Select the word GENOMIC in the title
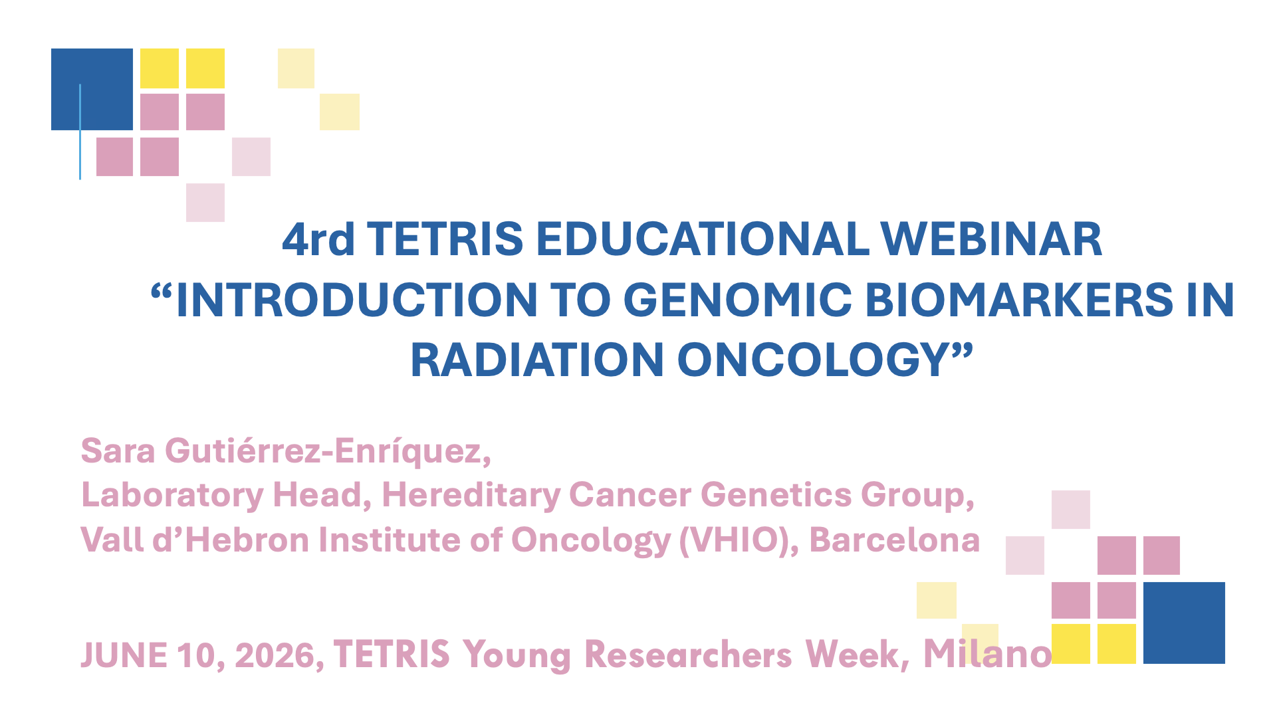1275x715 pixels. (738, 300)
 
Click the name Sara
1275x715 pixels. (118, 451)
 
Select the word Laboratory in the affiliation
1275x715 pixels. (172, 496)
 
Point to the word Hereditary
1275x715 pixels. (471, 496)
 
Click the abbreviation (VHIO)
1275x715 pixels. (739, 540)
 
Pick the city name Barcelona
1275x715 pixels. (895, 540)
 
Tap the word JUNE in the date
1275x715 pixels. (124, 655)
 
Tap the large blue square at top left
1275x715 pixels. (92, 89)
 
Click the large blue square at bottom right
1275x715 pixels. (1184, 623)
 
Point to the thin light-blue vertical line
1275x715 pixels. (80, 132)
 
